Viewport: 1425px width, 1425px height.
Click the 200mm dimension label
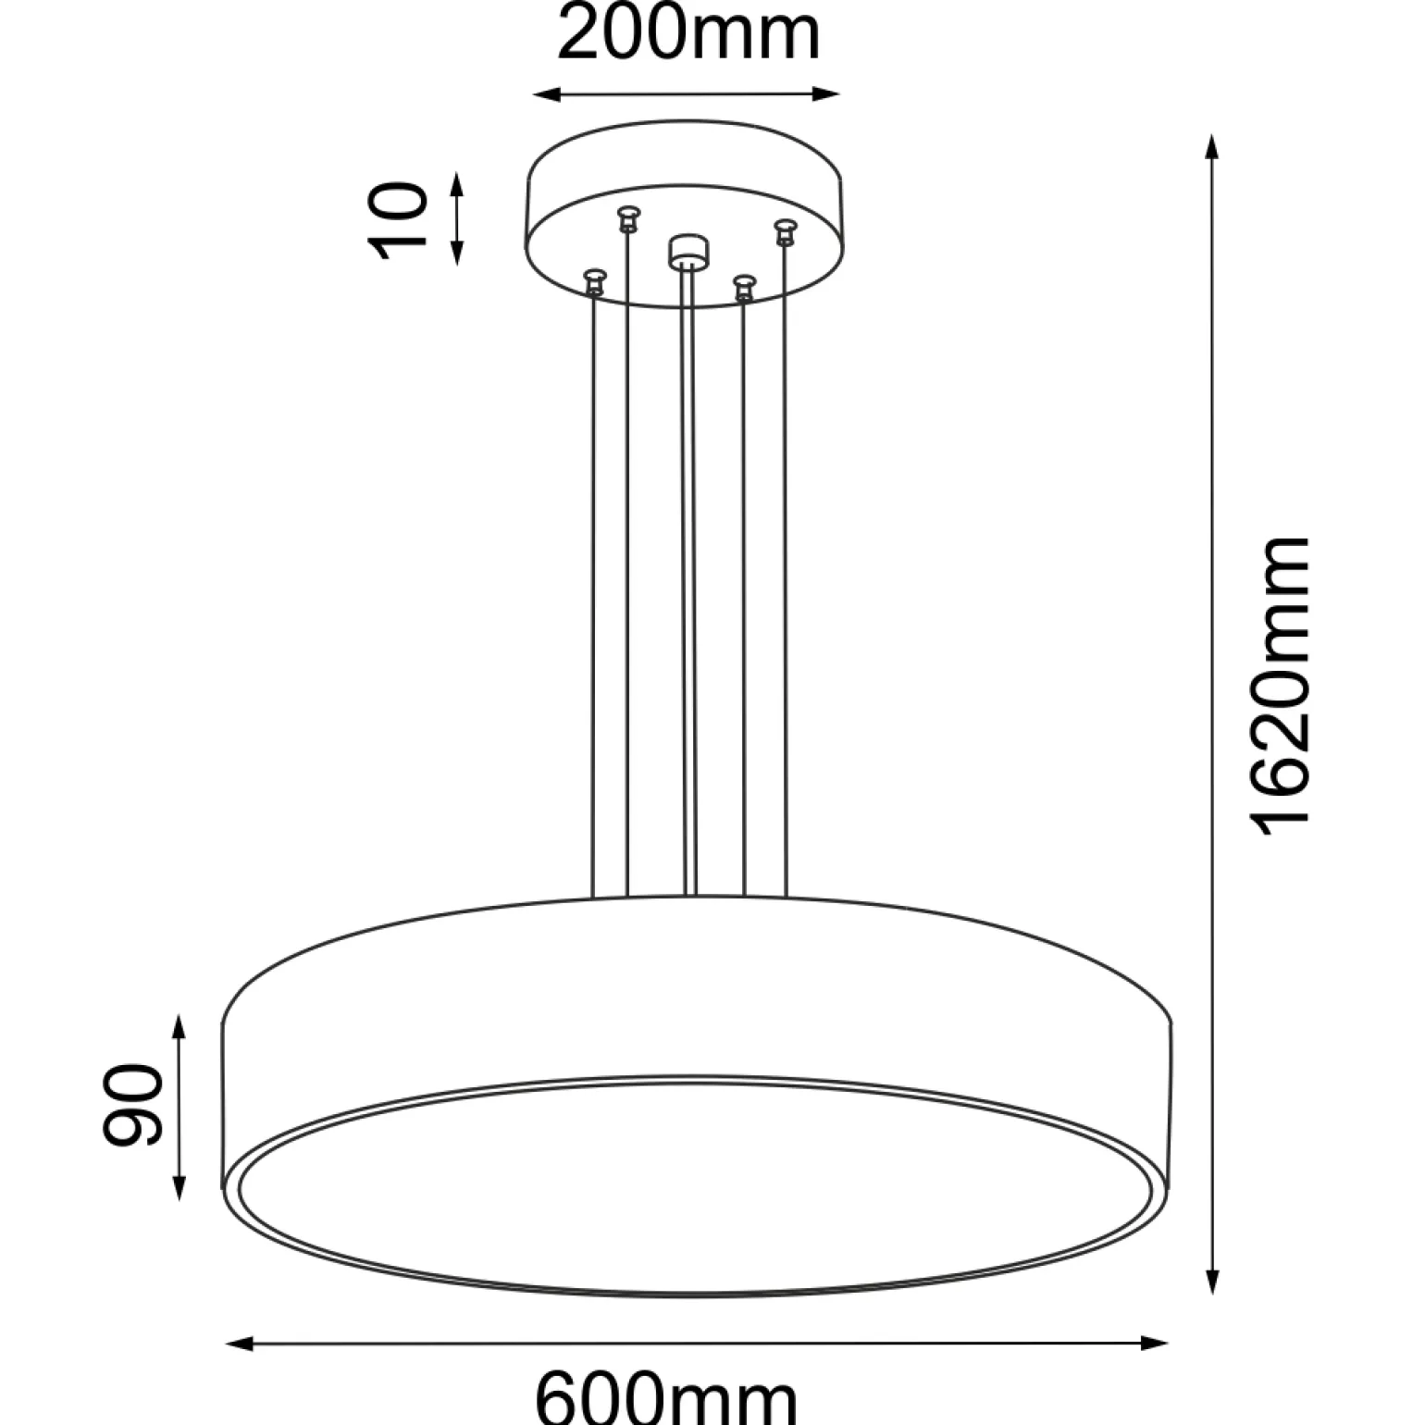688,34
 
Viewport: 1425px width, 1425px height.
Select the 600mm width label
666,1398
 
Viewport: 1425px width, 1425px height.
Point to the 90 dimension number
132,1105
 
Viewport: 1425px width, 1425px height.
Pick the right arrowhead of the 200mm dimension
827,93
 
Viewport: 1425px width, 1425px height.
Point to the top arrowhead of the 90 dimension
180,1026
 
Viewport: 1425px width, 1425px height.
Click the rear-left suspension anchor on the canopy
628,218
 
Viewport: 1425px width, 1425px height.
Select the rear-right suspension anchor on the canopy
785,230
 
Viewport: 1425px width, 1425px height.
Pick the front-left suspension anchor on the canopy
594,281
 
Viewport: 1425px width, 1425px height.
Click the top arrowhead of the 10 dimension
456,183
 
